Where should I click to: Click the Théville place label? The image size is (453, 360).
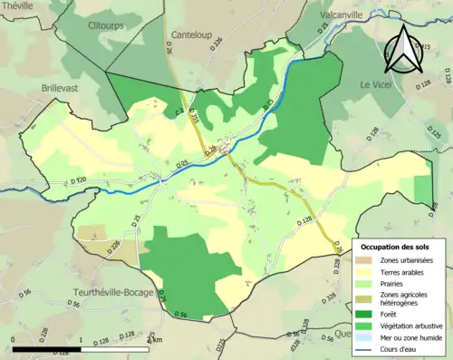(x=19, y=5)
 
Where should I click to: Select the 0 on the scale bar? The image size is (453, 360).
(x=14, y=340)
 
